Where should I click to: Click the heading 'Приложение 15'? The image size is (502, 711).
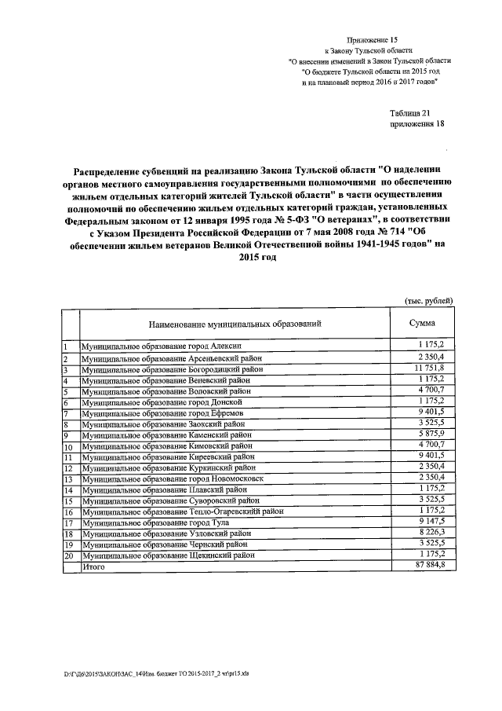373,38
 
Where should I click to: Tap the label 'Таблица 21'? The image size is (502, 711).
410,113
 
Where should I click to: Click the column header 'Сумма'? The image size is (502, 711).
423,323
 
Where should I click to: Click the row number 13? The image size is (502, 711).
68,478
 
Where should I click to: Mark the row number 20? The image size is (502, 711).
68,555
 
